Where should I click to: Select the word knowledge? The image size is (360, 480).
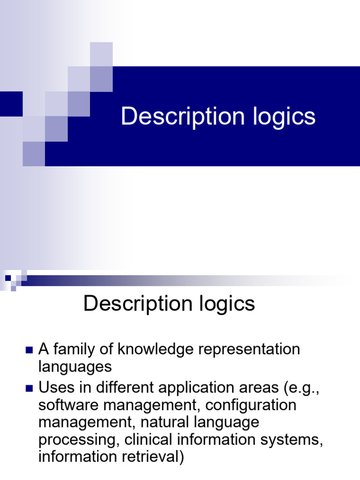151,349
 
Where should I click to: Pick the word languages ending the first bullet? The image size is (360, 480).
75,367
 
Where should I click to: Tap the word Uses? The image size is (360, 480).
54,388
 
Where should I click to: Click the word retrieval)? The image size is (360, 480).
152,456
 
